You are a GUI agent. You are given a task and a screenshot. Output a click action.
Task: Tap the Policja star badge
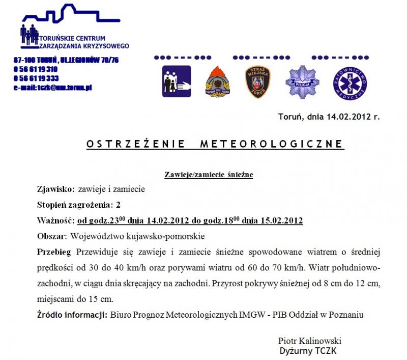299,81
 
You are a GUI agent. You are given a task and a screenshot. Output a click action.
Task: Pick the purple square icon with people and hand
177,81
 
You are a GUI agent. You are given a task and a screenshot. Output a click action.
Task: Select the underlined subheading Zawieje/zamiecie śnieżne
209,175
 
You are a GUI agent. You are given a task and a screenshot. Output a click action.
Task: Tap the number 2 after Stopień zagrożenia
119,205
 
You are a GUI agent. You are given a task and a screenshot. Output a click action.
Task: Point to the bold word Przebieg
55,252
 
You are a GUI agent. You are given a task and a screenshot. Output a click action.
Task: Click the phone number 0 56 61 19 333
36,78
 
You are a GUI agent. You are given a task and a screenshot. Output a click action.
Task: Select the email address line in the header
52,88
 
